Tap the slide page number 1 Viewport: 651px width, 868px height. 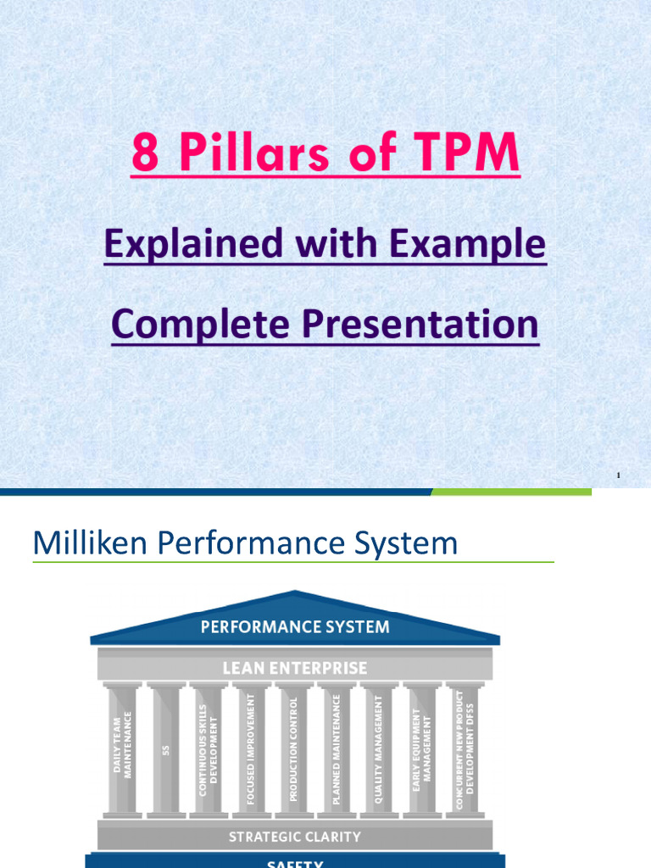click(x=619, y=476)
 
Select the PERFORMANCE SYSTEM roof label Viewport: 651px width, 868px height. click(x=295, y=627)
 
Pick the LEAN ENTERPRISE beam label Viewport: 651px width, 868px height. click(x=295, y=668)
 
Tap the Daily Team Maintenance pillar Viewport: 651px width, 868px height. click(x=123, y=746)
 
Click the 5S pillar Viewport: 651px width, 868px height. click(x=166, y=746)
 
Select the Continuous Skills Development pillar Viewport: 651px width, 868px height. click(x=209, y=746)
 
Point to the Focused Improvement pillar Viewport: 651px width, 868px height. click(x=251, y=746)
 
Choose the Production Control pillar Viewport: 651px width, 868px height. click(x=294, y=746)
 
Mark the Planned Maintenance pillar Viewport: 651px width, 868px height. click(x=337, y=746)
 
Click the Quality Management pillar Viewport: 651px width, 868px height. click(x=380, y=746)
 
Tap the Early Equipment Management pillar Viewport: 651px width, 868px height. click(x=422, y=746)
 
